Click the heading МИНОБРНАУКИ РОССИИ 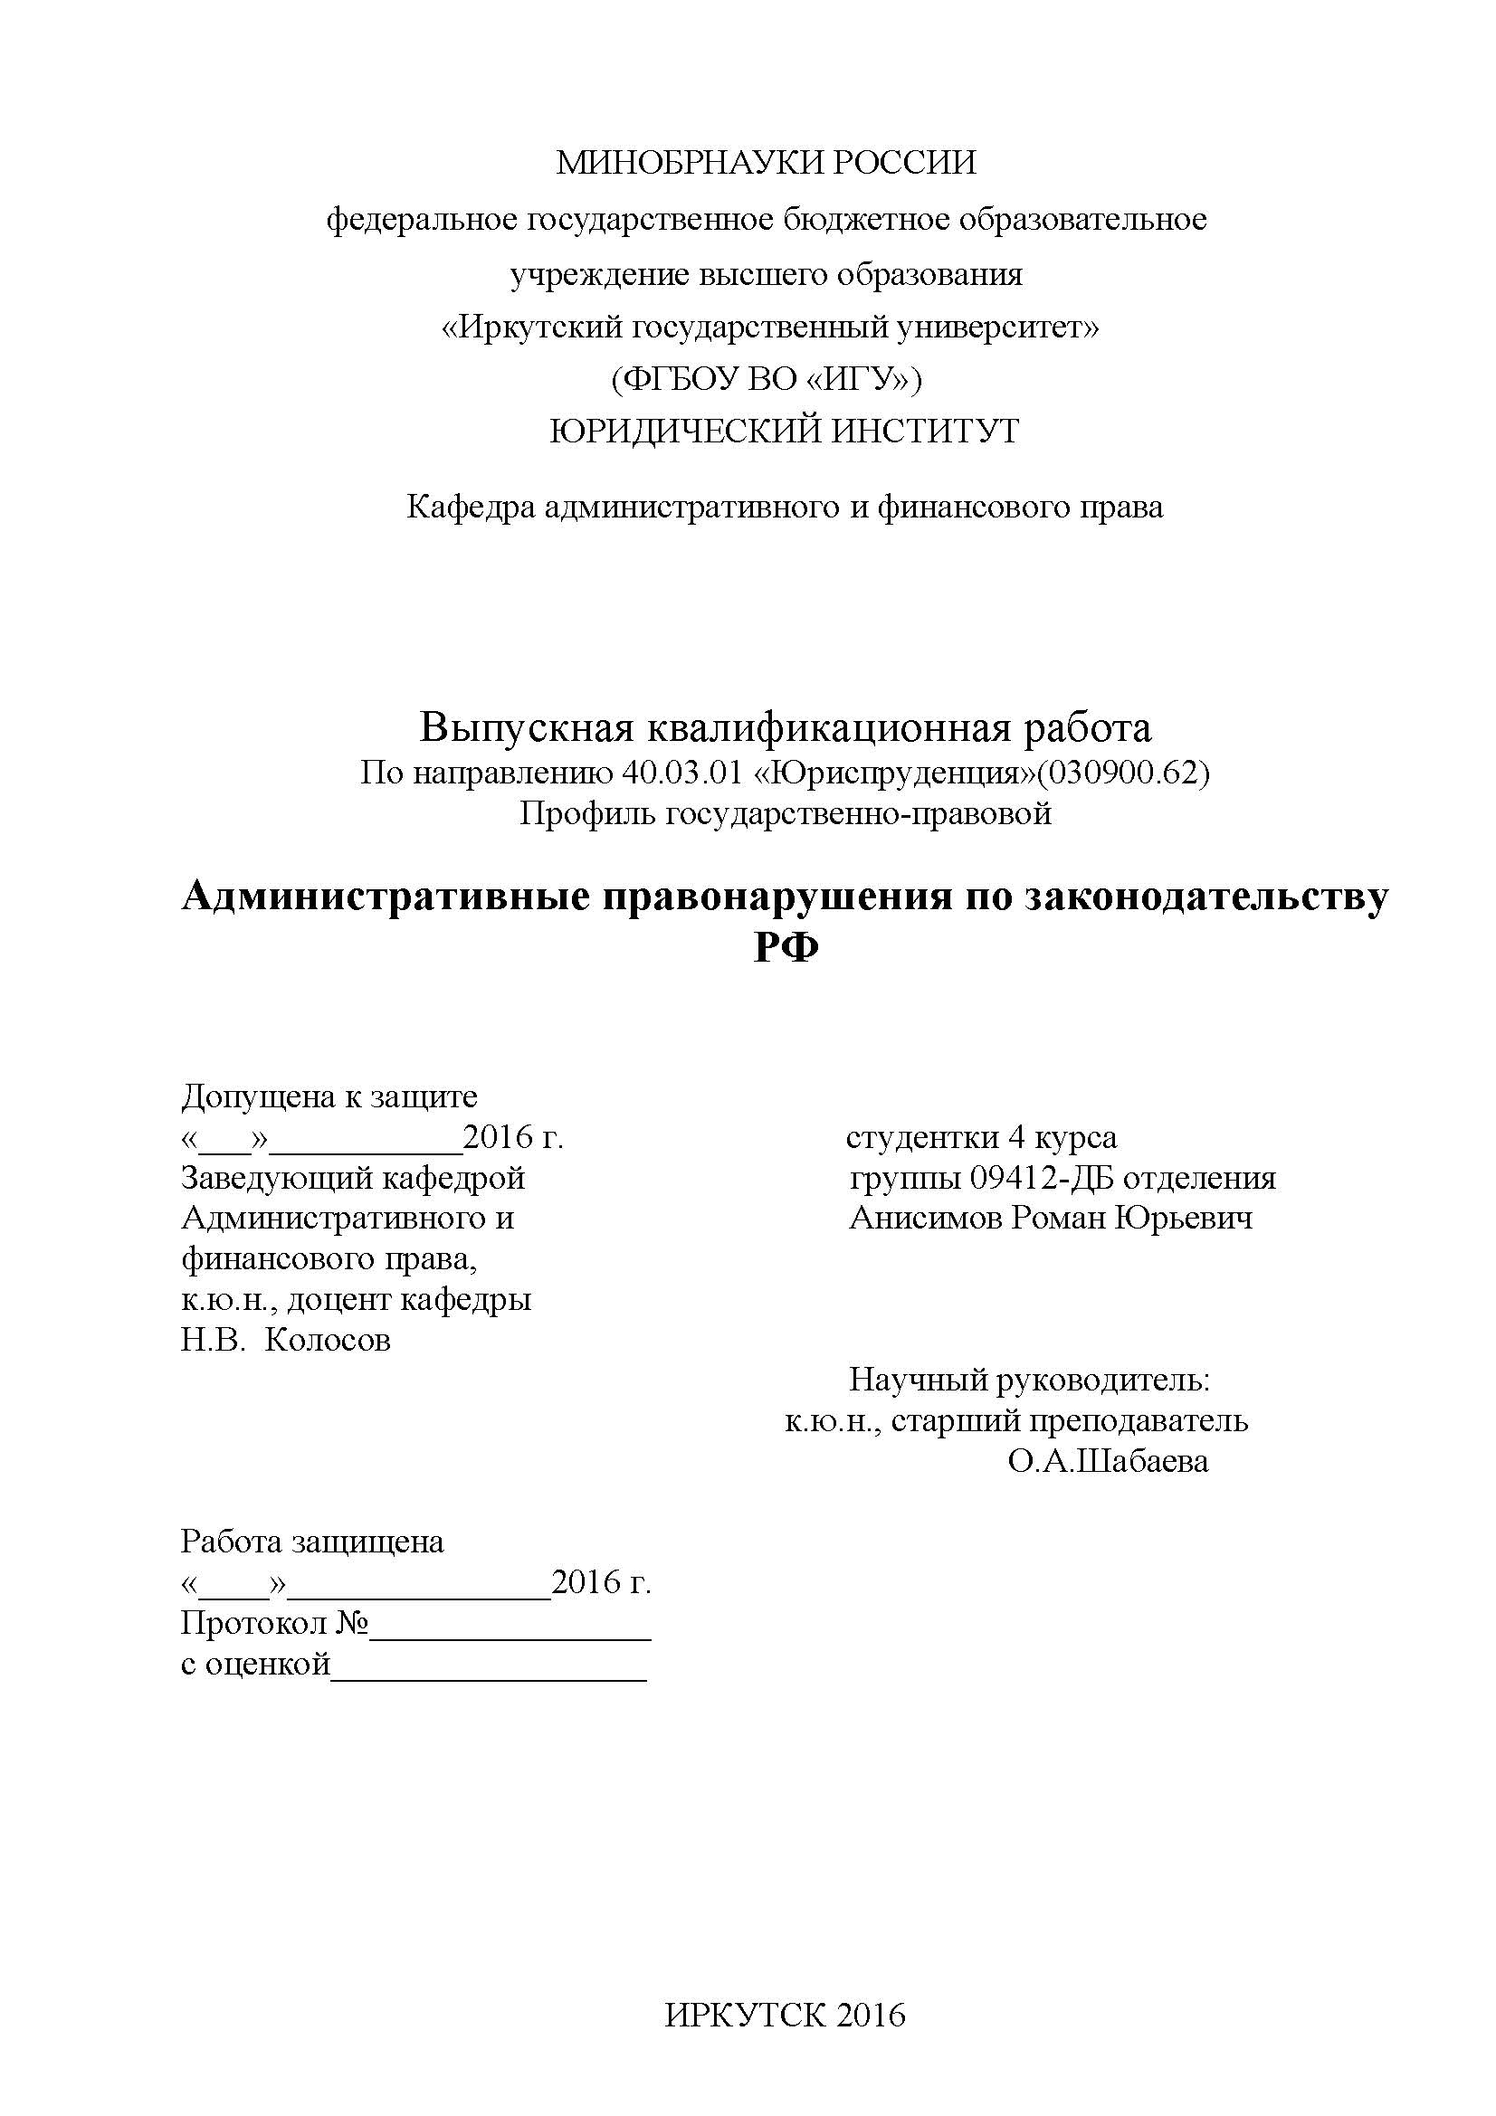click(766, 163)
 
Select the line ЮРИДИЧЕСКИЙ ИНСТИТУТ click(785, 431)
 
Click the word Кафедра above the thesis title click(470, 507)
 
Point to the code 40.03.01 click(683, 773)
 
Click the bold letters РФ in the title click(786, 947)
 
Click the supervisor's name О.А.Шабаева click(1108, 1462)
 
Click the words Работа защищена click(312, 1541)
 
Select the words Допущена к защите click(329, 1096)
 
